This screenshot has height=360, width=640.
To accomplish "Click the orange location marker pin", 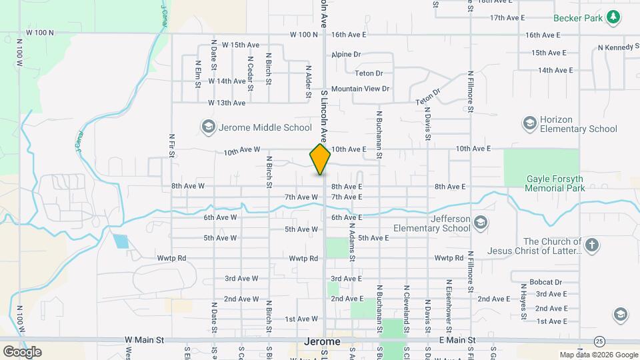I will pos(320,159).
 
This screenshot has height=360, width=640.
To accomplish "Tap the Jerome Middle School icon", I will pos(208,127).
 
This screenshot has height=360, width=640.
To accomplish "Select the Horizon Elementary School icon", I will pos(529,123).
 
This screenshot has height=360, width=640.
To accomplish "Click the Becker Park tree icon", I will pos(613,18).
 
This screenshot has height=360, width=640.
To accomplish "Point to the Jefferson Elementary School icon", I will pos(481,222).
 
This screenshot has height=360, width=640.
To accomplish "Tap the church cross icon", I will pos(591,245).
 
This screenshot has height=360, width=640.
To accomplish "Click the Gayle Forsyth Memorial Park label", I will pos(555,183).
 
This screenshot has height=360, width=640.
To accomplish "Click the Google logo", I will pos(22,351).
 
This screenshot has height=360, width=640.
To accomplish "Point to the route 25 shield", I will pos(600,341).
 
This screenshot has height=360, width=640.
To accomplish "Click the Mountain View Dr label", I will pos(360,89).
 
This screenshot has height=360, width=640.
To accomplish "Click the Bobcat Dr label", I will pos(546,282).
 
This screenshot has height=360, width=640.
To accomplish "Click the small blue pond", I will pos(121,241).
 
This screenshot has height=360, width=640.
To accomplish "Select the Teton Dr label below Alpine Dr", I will pos(369,73).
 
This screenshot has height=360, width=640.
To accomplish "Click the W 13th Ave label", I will pos(227,103).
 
